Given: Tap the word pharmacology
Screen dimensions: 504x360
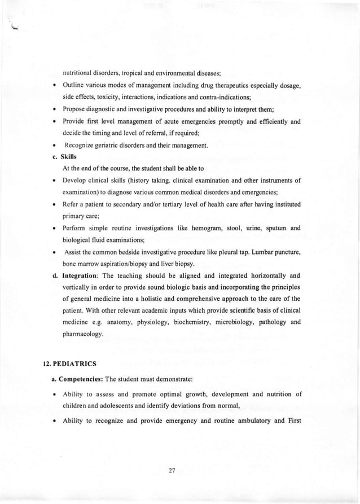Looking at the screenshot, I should pyautogui.click(x=83, y=335).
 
